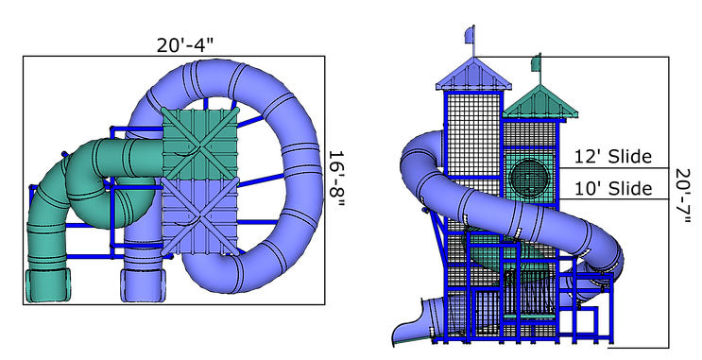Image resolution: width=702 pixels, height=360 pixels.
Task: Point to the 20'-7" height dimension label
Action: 687,197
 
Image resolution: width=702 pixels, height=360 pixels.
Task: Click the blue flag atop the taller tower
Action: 470,36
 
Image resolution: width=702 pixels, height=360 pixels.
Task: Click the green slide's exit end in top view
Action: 48,283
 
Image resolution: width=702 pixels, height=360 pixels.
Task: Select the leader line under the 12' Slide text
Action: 614,168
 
